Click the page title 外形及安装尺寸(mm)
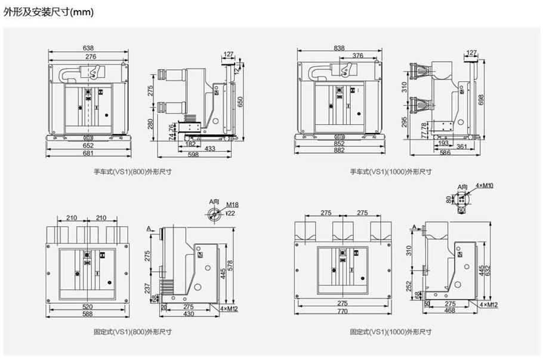click(x=49, y=11)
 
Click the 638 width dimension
click(x=88, y=48)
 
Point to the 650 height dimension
click(x=240, y=101)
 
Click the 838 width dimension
click(x=339, y=48)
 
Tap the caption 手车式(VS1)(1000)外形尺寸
click(x=391, y=172)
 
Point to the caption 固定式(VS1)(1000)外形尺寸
click(x=391, y=330)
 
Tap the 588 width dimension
click(x=88, y=313)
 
